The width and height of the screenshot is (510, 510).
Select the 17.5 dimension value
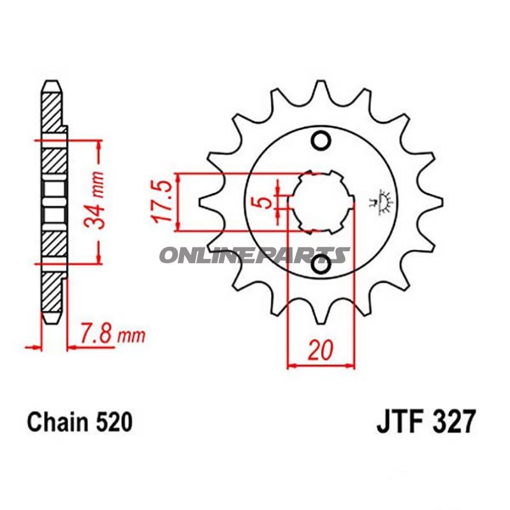163,201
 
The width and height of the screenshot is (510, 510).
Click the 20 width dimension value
321,351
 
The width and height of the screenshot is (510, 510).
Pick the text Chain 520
80,421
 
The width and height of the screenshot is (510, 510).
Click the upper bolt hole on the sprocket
321,141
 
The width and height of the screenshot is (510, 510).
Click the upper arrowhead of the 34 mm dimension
98,146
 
